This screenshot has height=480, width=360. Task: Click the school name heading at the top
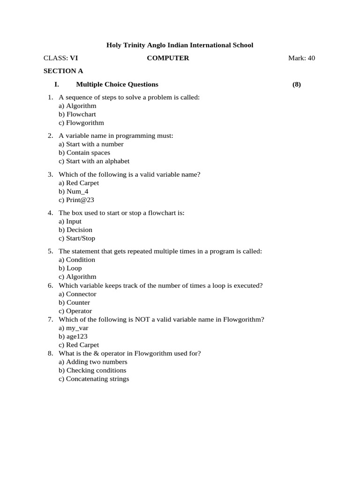tap(180, 45)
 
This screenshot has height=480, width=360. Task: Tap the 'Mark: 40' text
tap(301, 58)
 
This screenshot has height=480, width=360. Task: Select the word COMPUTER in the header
tap(168, 58)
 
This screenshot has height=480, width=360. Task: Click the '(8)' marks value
tap(296, 84)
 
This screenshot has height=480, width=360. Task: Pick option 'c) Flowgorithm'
tap(81, 123)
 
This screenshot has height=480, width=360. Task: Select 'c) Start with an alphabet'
tap(94, 161)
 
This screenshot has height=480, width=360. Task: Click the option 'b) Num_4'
tap(73, 191)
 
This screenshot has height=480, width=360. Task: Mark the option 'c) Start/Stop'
tap(77, 238)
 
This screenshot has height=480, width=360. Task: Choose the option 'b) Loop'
tap(70, 268)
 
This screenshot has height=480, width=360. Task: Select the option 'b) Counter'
tap(74, 302)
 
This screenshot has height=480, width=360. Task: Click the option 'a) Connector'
tap(77, 294)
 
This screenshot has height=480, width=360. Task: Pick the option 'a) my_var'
tap(73, 328)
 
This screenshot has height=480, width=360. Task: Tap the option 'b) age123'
tap(73, 337)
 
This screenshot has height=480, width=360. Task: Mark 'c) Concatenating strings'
tap(94, 379)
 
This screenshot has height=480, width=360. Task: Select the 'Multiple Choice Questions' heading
tap(117, 84)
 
